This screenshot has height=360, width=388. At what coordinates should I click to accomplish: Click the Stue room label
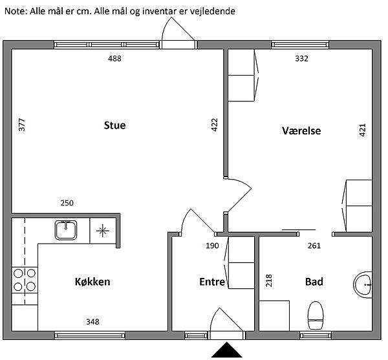click(114, 125)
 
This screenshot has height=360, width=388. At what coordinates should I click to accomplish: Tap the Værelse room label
click(301, 131)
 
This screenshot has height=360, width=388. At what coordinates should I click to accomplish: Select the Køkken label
click(92, 282)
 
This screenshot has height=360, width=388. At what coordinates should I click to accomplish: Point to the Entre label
click(212, 282)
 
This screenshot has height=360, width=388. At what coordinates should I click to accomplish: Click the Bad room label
click(314, 282)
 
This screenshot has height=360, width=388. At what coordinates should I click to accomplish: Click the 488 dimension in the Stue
click(114, 59)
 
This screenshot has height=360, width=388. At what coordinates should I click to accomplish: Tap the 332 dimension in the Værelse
click(301, 59)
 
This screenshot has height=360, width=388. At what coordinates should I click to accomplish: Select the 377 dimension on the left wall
click(22, 125)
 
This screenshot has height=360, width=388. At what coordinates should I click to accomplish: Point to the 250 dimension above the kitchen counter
click(67, 203)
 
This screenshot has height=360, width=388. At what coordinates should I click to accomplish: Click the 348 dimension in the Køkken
click(92, 322)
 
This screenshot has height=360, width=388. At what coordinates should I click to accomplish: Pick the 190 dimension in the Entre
click(212, 246)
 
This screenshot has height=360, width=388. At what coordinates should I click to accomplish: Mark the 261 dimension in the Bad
click(314, 246)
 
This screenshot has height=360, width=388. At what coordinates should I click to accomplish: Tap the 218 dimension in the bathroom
click(269, 281)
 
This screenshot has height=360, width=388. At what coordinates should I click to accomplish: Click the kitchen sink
click(66, 231)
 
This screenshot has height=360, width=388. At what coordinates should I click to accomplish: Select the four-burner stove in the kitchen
click(25, 280)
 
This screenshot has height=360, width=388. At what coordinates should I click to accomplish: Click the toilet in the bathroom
click(316, 315)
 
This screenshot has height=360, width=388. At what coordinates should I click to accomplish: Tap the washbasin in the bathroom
click(363, 284)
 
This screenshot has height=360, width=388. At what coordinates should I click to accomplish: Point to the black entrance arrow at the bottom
click(227, 350)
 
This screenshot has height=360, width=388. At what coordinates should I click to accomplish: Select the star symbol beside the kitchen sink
click(103, 231)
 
